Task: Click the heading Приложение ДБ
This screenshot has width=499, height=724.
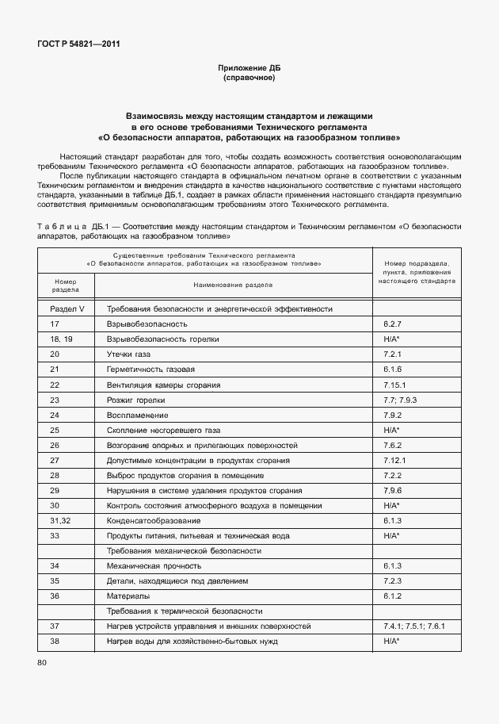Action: pos(249,68)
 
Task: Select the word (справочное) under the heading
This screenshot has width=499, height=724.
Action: pos(249,78)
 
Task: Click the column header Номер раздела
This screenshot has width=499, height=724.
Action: pos(65,285)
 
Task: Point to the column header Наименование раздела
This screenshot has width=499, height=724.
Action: pos(233,285)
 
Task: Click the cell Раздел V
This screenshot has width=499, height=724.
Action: pos(67,309)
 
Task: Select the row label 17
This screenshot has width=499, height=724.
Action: pos(55,324)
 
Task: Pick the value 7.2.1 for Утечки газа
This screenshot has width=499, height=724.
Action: pos(394,354)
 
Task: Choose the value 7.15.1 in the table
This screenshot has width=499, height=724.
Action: pos(395,385)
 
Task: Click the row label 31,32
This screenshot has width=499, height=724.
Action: pos(61,520)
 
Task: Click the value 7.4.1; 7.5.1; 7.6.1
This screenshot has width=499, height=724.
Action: pos(414,626)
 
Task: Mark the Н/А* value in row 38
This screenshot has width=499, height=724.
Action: pos(391,641)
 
